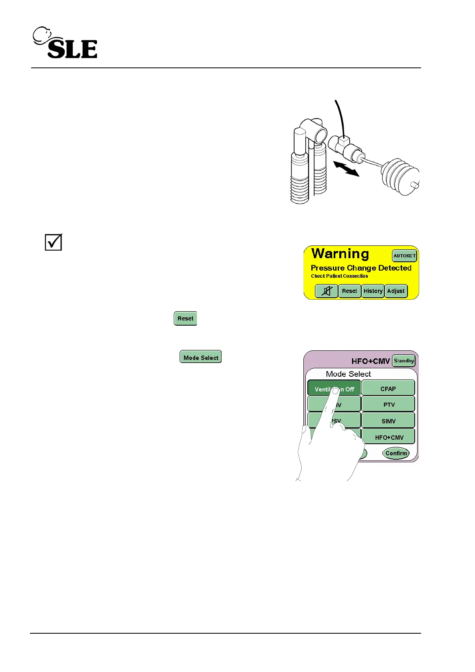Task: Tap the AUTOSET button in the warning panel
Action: pyautogui.click(x=404, y=256)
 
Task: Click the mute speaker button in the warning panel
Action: pyautogui.click(x=327, y=291)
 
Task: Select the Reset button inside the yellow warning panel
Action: pyautogui.click(x=350, y=291)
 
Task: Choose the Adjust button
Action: pyautogui.click(x=396, y=291)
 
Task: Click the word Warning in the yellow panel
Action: pyautogui.click(x=340, y=254)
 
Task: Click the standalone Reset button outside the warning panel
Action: pyautogui.click(x=185, y=318)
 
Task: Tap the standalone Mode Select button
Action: pyautogui.click(x=201, y=357)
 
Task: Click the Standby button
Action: pyautogui.click(x=404, y=361)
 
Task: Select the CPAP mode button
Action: pyautogui.click(x=388, y=388)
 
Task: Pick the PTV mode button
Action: pyautogui.click(x=388, y=404)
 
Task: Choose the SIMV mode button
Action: pyautogui.click(x=388, y=421)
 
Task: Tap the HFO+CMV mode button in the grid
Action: pyautogui.click(x=388, y=437)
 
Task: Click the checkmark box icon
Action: pyautogui.click(x=53, y=242)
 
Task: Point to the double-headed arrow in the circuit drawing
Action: pyautogui.click(x=346, y=168)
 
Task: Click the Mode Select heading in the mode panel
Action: pyautogui.click(x=348, y=374)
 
